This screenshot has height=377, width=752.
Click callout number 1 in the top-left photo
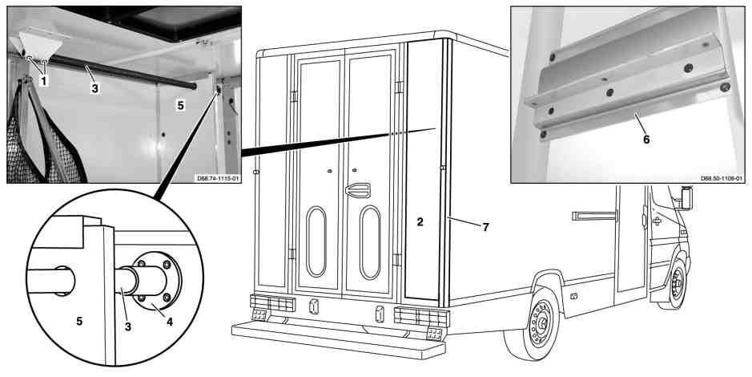[x=43, y=81]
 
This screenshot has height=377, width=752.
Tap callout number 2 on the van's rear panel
[x=420, y=222]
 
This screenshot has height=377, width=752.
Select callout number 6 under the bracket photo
[x=646, y=140]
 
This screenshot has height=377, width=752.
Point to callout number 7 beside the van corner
[x=485, y=227]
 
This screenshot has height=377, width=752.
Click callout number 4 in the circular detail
[x=169, y=322]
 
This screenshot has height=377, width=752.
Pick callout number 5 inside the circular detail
[x=79, y=321]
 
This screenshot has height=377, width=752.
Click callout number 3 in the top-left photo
[x=95, y=88]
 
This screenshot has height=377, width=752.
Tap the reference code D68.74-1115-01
[x=218, y=179]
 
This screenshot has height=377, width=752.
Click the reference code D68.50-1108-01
[x=722, y=179]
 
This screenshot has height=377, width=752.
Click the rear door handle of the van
[x=357, y=189]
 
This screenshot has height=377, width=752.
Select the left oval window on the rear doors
[x=316, y=241]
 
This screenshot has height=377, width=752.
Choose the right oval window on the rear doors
[x=370, y=242]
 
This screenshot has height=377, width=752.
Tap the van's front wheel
[x=675, y=283]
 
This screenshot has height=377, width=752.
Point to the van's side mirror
[x=687, y=197]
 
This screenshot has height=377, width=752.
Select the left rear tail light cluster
[x=272, y=303]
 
